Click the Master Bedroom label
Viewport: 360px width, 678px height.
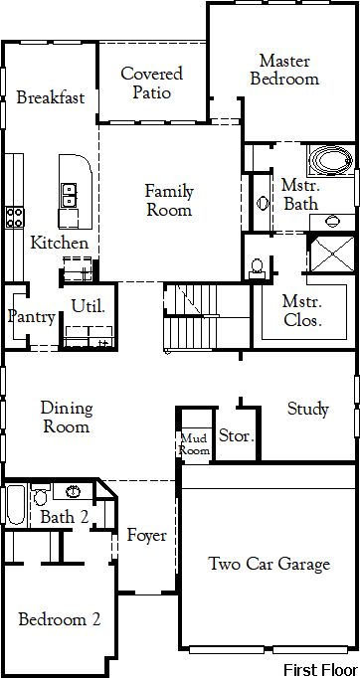pos(284,70)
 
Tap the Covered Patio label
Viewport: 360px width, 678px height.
pos(151,83)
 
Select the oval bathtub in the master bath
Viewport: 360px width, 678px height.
pos(331,160)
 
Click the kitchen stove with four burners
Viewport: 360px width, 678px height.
pos(14,217)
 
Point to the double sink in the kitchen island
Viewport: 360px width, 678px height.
pos(69,195)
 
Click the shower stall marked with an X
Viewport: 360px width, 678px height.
pos(333,254)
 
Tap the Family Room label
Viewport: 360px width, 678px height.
pos(169,200)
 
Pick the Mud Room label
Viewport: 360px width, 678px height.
pos(195,444)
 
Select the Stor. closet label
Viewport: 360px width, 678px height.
pos(237,435)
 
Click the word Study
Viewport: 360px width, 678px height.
pos(308,409)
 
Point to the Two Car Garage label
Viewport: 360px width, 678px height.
pos(269,564)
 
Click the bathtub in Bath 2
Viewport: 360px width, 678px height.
pos(16,505)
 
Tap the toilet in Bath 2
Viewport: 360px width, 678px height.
pos(40,494)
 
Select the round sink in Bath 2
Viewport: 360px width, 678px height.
pos(74,491)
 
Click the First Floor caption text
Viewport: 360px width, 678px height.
pos(320,669)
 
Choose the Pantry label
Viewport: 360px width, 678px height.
pos(31,317)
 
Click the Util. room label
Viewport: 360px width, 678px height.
pos(89,306)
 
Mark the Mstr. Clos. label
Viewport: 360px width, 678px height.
pos(301,310)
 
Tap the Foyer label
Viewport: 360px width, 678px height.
pos(146,536)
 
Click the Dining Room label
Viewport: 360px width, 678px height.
pos(67,418)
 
